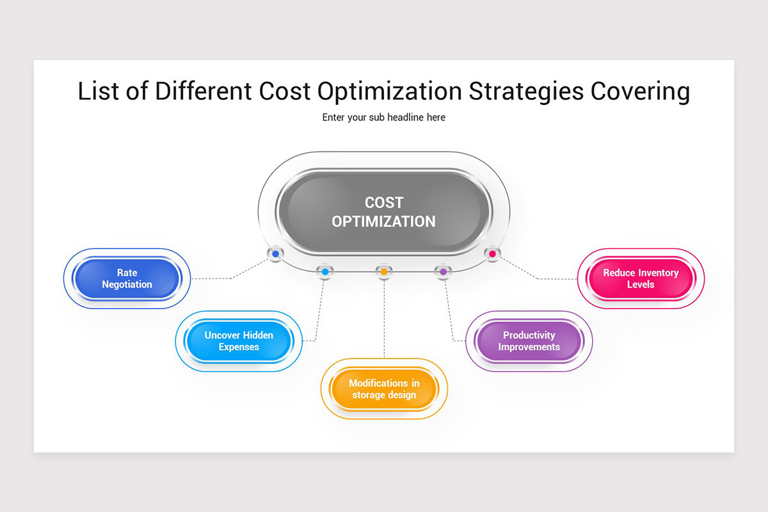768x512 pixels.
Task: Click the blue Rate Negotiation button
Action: click(127, 279)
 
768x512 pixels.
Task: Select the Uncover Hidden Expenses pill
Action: click(239, 341)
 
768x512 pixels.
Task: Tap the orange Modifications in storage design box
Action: click(384, 389)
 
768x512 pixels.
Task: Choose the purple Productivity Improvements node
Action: click(529, 341)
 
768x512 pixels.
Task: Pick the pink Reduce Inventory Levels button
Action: click(640, 279)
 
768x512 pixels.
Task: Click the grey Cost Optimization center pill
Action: click(384, 212)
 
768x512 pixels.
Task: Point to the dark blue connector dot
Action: click(276, 254)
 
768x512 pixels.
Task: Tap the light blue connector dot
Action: click(325, 272)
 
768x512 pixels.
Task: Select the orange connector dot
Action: click(384, 272)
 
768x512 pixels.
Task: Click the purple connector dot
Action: click(443, 272)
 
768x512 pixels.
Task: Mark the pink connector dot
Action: click(492, 254)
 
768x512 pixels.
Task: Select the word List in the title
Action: click(97, 92)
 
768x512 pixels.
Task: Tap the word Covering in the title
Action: click(640, 92)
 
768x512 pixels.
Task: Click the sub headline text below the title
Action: click(384, 118)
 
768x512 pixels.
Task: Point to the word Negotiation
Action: click(127, 285)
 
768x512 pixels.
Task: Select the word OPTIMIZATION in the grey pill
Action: click(384, 221)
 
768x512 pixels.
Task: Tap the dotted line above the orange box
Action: click(384, 320)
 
